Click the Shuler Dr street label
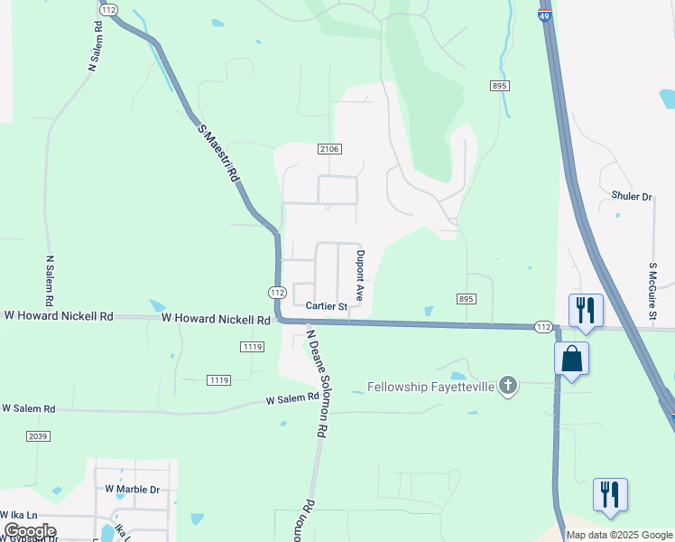click(631, 196)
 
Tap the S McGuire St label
click(652, 291)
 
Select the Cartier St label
click(326, 307)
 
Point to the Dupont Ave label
click(360, 276)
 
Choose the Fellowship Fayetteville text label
click(430, 387)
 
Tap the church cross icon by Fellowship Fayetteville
click(508, 387)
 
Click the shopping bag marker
click(571, 359)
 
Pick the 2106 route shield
click(329, 149)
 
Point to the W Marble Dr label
click(132, 489)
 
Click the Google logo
click(30, 531)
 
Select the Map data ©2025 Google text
click(619, 535)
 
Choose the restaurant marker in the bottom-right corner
click(610, 494)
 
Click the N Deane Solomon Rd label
click(314, 384)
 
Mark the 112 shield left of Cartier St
click(277, 293)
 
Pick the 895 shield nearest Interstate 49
click(501, 85)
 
